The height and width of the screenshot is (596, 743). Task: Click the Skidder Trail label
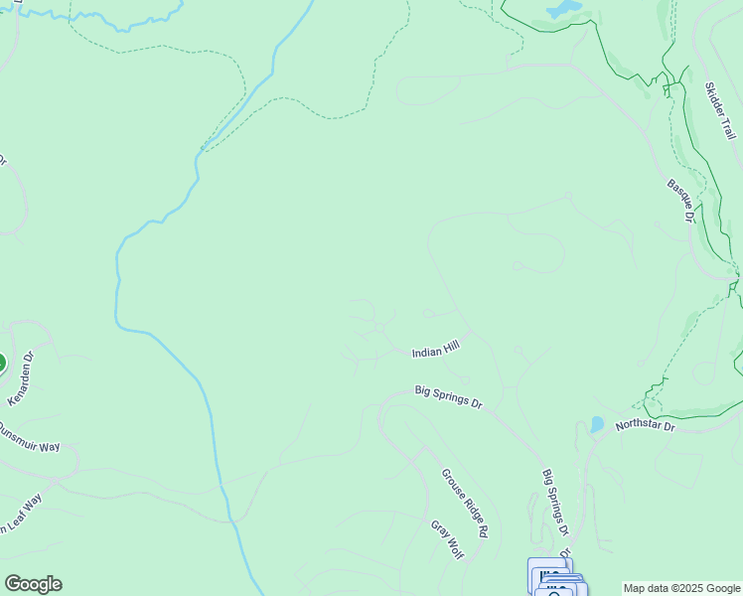coord(720,110)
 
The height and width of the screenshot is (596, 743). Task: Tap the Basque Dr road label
coord(680,200)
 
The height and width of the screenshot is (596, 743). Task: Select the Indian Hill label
coord(436,348)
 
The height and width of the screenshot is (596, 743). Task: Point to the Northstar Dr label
coord(645,426)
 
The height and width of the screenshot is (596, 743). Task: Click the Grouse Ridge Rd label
coord(465,503)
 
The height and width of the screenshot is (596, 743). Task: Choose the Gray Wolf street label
coord(447,538)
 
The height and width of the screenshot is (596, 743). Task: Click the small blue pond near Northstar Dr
coord(596,424)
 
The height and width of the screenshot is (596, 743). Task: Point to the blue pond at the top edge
coord(563,9)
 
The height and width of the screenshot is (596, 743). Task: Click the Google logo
coord(33,584)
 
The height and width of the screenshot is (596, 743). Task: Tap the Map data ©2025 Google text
coord(681,588)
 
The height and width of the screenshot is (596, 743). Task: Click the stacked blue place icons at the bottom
coord(556,580)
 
